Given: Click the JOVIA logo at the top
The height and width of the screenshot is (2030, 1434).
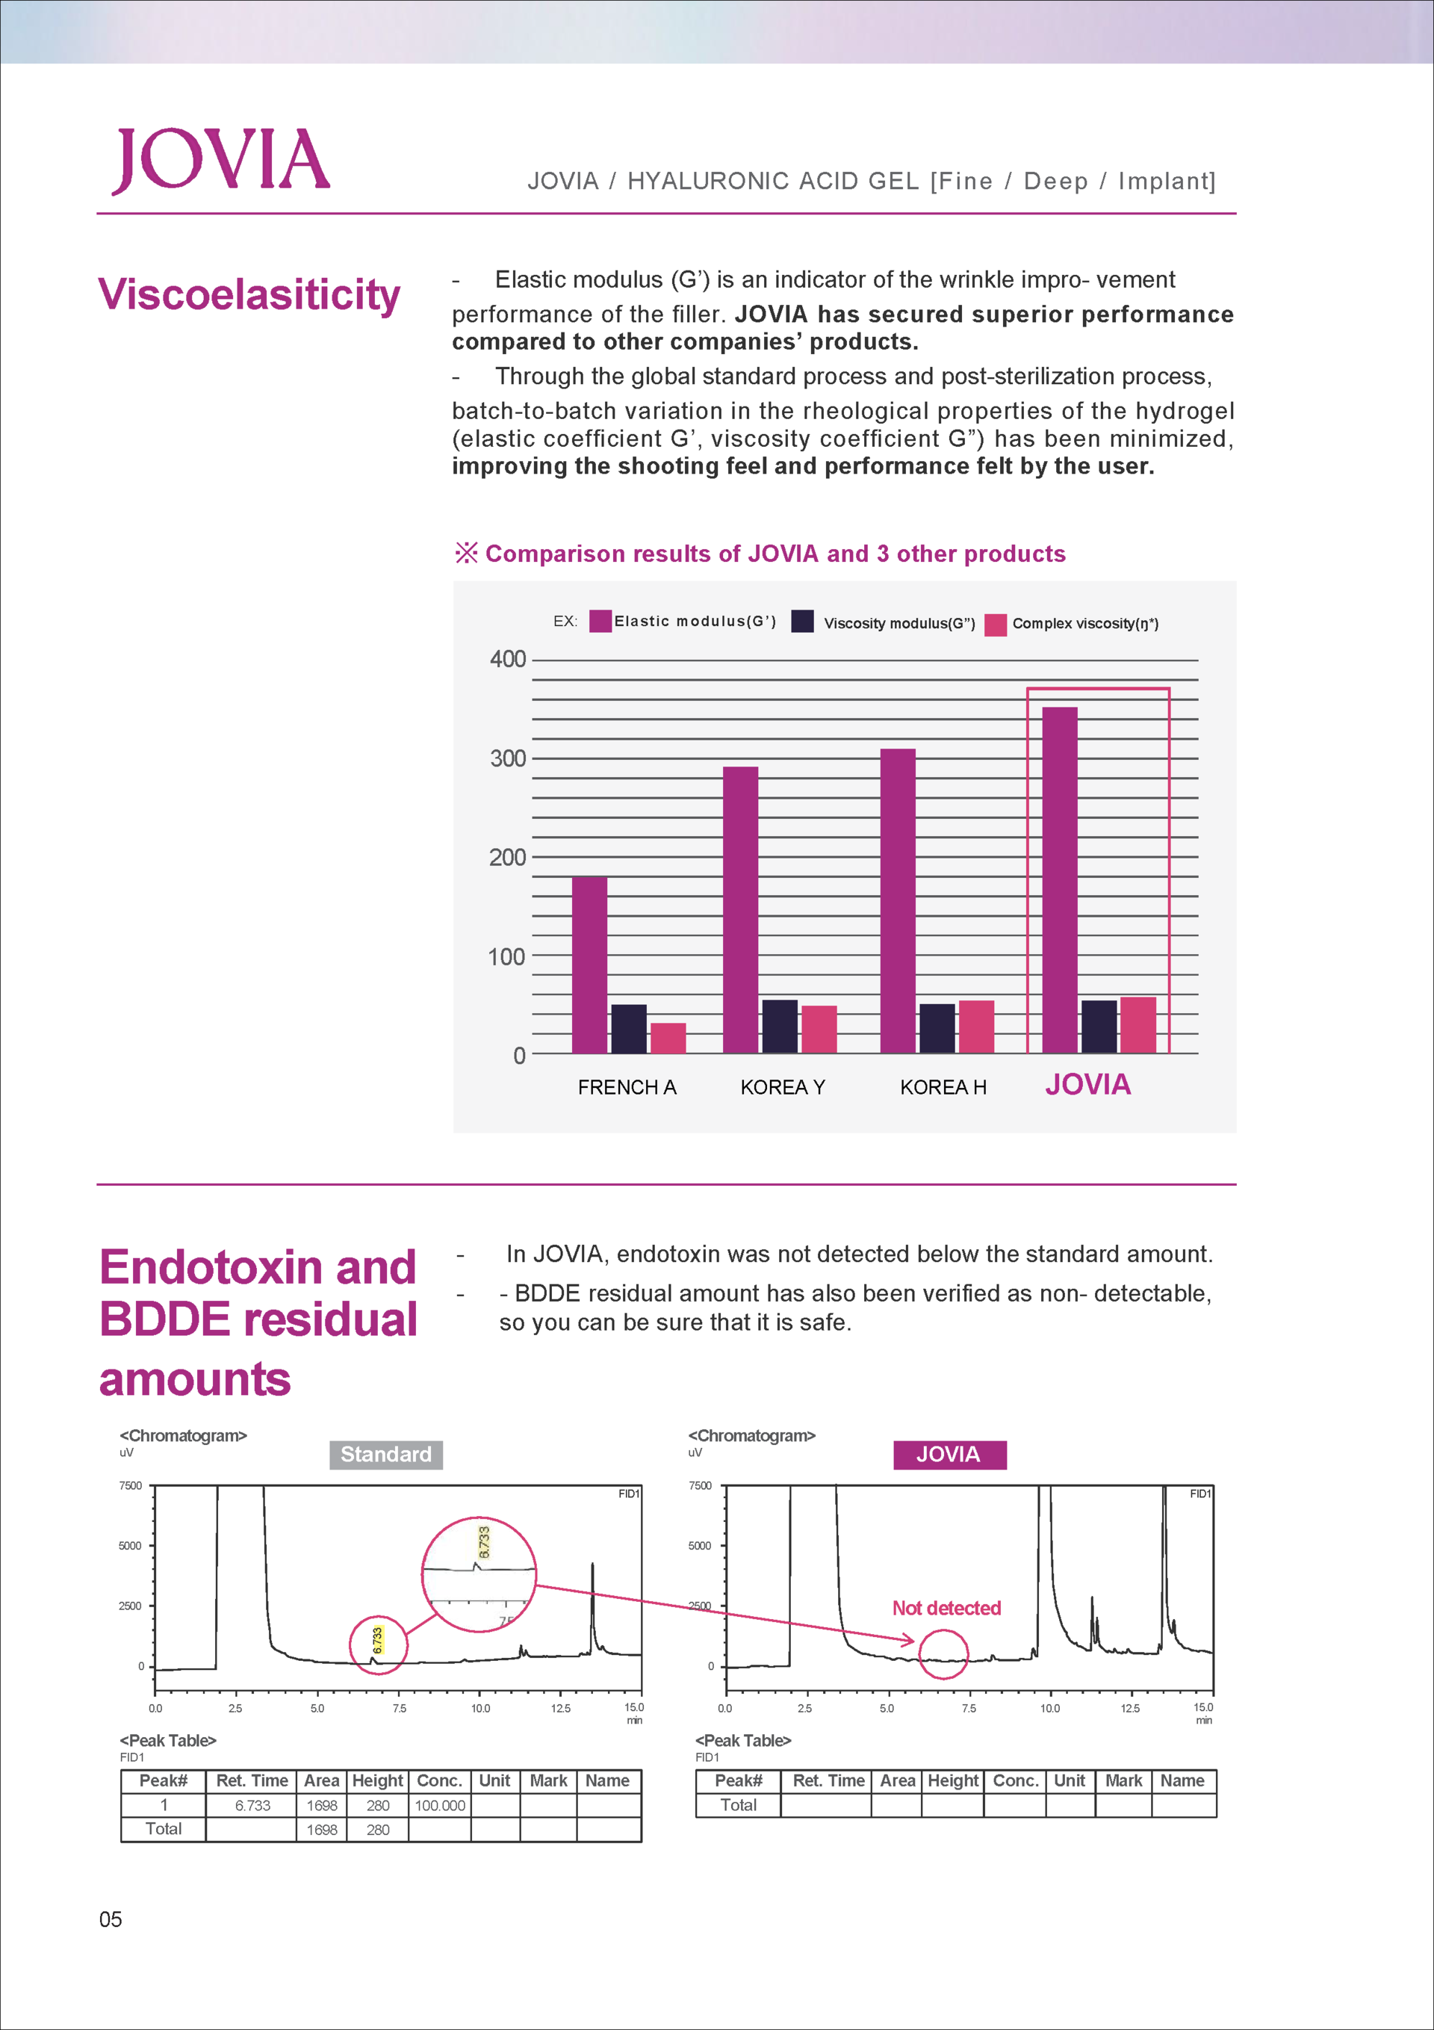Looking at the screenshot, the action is (221, 160).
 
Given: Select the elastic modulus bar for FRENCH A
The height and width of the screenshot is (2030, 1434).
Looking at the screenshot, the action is (590, 965).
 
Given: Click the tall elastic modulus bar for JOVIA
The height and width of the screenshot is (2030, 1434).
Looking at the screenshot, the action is (1060, 879).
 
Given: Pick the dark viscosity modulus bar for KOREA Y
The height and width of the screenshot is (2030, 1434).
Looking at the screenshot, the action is (780, 1027).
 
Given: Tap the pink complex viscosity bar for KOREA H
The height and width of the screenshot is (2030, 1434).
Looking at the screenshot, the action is (976, 1027).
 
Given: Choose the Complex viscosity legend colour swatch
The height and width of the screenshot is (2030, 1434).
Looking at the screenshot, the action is (996, 624).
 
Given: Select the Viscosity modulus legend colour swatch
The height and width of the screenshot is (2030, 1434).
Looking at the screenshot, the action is (803, 621).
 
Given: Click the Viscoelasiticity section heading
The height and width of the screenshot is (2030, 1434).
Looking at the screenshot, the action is (249, 295).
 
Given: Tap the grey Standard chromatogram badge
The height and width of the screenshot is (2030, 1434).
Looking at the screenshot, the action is (386, 1455).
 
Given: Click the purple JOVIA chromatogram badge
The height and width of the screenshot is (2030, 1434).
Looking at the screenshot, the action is (949, 1455).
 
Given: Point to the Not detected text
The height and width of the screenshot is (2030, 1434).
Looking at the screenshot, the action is (947, 1607).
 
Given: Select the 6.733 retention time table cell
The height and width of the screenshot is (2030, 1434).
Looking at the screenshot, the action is (252, 1804).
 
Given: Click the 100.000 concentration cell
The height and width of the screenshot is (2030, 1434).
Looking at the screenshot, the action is (439, 1804).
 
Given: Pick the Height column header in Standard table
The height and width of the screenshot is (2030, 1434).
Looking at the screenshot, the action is (377, 1780).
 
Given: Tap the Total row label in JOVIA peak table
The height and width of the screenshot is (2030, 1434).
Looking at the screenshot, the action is (738, 1804).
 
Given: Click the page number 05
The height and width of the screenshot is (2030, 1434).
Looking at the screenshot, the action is (111, 1919).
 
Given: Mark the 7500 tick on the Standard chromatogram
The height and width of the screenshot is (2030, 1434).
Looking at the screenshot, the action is (130, 1485).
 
